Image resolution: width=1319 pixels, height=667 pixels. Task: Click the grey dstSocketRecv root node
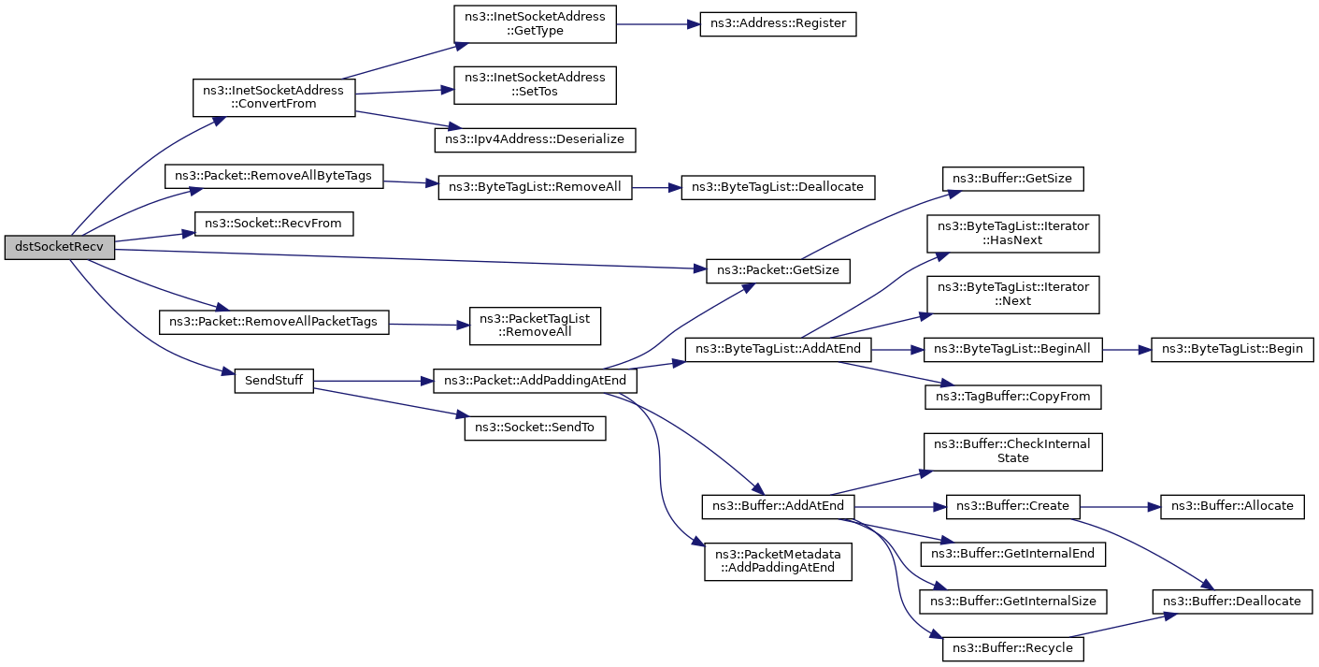pos(59,248)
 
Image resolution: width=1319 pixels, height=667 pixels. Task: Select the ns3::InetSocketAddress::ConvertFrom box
pos(274,97)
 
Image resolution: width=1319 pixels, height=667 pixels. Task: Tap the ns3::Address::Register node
pos(778,24)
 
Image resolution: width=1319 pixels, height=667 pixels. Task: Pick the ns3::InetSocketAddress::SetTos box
pos(535,83)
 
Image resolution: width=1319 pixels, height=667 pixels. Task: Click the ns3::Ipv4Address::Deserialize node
pos(535,139)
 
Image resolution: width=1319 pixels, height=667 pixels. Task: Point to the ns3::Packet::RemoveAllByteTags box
pos(274,177)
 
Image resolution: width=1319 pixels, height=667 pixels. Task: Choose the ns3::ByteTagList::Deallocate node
pos(779,187)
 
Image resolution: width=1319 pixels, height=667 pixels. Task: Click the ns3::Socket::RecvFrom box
pos(274,224)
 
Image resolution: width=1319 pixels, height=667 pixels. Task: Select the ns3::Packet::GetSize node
pos(778,271)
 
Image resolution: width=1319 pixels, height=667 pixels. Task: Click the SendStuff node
pos(273,381)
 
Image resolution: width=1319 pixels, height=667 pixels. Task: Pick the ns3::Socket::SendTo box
pos(535,428)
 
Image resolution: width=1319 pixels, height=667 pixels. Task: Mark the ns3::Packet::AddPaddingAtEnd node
pos(535,382)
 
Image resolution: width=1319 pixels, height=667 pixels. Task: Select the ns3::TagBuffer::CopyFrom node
pos(1013,397)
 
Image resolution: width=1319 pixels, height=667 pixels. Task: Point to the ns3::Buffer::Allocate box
pos(1232,506)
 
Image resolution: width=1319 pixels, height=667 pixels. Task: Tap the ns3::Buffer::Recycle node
pos(1013,648)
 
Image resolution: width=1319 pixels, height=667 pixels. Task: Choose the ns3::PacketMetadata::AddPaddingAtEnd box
pos(778,560)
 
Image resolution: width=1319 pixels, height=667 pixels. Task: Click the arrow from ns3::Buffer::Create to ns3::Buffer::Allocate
pos(1120,506)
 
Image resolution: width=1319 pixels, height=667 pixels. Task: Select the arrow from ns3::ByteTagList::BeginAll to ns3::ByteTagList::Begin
pos(1127,350)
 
